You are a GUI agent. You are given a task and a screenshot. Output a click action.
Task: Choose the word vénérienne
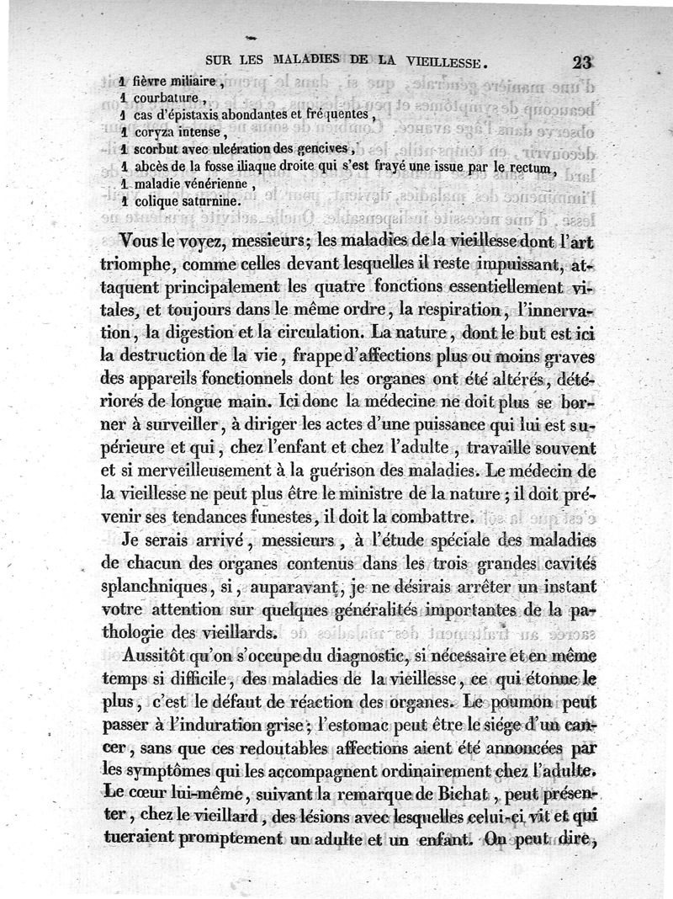214,184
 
